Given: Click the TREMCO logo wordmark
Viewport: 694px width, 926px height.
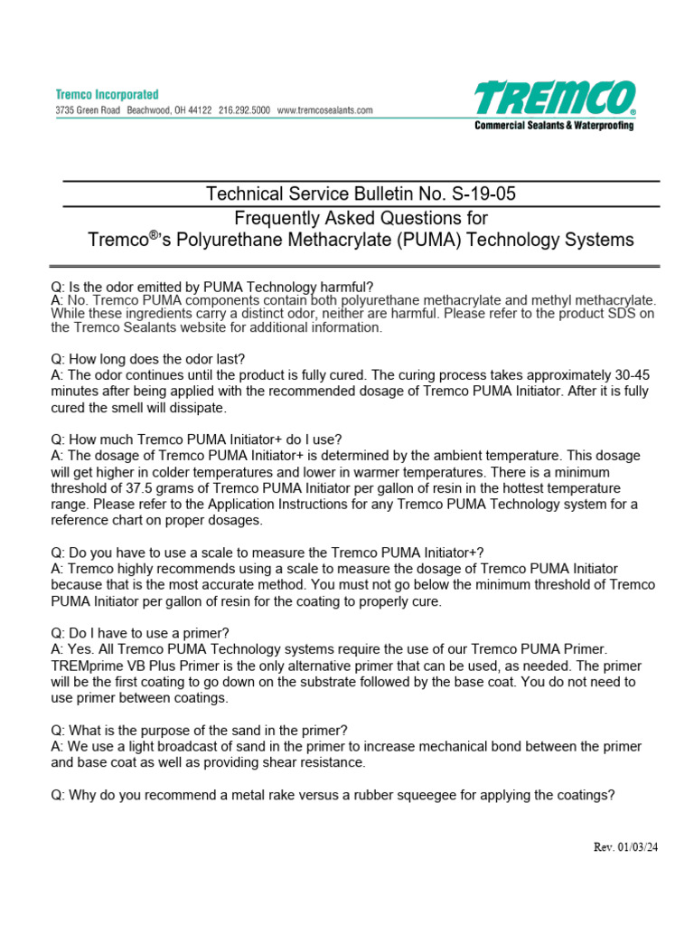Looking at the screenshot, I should [554, 99].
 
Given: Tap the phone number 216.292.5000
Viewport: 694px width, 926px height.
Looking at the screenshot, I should [244, 109].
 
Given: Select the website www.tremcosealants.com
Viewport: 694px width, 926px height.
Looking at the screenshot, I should [325, 109].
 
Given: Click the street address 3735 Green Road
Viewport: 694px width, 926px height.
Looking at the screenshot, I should [88, 109].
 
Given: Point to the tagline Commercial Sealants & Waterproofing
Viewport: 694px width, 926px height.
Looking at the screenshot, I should [554, 126].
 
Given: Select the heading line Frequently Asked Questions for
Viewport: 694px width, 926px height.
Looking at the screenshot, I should [361, 218].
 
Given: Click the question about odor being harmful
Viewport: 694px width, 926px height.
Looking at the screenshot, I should [212, 287].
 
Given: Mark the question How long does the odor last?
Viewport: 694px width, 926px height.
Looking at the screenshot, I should [148, 359].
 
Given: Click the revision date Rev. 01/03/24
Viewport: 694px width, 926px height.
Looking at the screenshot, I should [624, 847].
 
